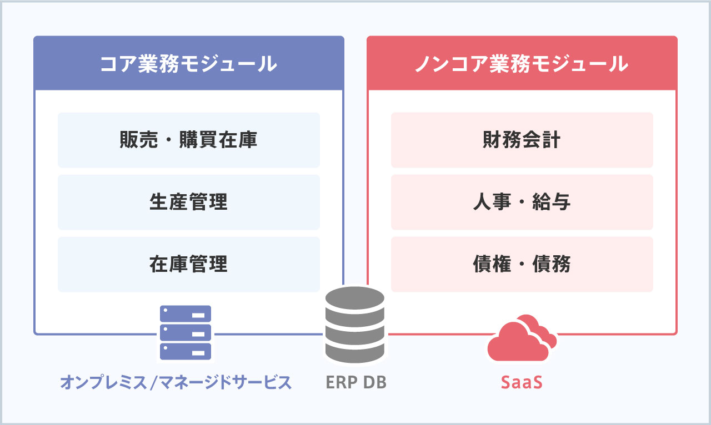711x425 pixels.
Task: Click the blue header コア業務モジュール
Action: (189, 63)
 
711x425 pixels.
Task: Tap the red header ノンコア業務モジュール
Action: (522, 63)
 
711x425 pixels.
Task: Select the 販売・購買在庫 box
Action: (189, 140)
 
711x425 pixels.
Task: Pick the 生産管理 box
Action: (189, 202)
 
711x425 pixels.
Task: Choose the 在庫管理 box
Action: (189, 264)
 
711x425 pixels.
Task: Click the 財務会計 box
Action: (522, 140)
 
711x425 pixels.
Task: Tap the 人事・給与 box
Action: (522, 202)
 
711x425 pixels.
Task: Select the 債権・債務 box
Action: (522, 264)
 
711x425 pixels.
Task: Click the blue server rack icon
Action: (186, 332)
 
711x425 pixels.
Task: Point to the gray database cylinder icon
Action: (355, 325)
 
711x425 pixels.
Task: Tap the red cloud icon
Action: (522, 338)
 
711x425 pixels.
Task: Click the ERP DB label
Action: (356, 382)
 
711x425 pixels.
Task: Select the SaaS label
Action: (522, 382)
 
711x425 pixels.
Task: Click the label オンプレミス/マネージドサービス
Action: (176, 382)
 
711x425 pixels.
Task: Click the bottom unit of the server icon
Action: (186, 351)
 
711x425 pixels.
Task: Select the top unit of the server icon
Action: (186, 313)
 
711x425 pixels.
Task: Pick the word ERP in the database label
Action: (341, 382)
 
